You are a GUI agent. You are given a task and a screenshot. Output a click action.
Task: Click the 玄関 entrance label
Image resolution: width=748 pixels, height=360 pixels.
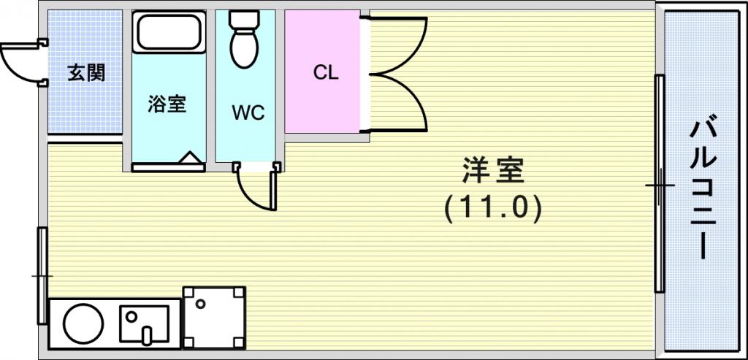86,74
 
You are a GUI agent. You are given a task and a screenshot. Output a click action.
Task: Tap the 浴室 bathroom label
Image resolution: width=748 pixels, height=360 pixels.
167,104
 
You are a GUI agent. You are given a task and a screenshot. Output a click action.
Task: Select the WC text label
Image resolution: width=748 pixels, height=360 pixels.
248,112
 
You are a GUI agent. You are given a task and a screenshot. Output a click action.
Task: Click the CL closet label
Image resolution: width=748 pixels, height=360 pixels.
326,72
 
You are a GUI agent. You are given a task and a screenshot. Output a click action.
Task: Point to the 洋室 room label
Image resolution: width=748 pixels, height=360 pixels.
493,171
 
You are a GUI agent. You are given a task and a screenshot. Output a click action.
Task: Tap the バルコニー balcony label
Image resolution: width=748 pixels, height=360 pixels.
703,189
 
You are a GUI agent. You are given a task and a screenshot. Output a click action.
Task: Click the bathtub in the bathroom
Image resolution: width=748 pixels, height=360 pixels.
169,31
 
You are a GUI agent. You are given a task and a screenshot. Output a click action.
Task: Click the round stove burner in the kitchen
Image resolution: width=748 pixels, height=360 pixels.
83,323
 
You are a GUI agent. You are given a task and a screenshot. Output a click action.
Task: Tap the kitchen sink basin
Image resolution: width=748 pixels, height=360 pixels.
144,323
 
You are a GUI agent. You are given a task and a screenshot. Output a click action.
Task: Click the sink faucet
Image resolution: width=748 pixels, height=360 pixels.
148,334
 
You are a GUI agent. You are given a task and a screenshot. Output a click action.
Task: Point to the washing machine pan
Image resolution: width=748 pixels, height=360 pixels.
215,318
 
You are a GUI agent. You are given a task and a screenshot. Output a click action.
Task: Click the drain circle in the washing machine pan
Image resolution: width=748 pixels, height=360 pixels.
200,303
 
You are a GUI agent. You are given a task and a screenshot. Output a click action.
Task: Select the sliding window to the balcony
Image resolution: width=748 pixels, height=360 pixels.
660,183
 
